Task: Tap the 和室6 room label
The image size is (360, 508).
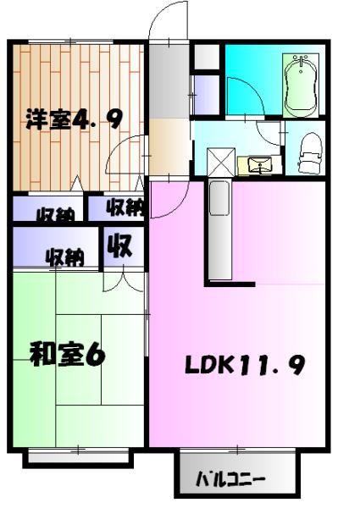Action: (x=68, y=354)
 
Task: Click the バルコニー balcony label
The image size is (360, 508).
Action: (x=230, y=480)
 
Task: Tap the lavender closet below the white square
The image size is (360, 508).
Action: (x=207, y=94)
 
